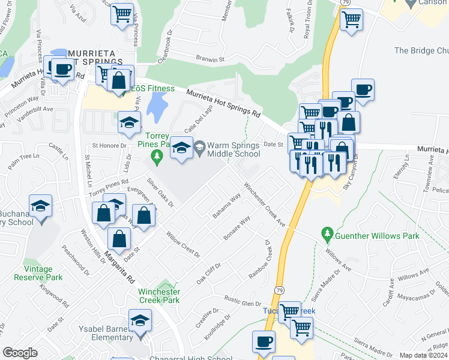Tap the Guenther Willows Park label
[x=378, y=236]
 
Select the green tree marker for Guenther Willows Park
[x=327, y=233]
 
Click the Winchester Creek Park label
[x=159, y=296]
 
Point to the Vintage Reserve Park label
[x=43, y=273]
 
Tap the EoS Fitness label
[x=153, y=89]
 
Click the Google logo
[x=20, y=353]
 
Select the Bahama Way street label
[x=226, y=205]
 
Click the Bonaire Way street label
[x=237, y=229]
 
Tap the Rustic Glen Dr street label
[x=244, y=301]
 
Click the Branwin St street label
[x=209, y=59]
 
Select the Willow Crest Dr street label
[x=183, y=245]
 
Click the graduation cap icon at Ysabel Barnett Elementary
[x=140, y=321]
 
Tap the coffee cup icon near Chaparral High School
[x=264, y=342]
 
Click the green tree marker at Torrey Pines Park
[x=157, y=157]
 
